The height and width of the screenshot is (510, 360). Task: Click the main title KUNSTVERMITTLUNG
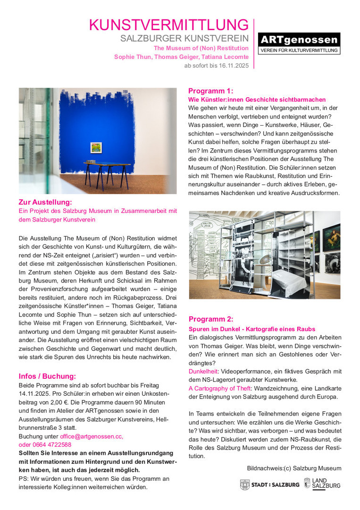[x=169, y=25]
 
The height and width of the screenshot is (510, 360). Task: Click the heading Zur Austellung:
[x=45, y=202]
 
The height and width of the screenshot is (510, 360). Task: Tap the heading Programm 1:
[x=210, y=91]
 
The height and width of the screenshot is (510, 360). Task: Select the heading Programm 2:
[x=210, y=319]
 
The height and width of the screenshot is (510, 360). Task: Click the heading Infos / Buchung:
[x=47, y=376]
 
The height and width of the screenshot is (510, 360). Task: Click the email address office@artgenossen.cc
[x=92, y=436]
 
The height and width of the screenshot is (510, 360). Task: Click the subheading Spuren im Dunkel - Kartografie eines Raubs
[x=251, y=329]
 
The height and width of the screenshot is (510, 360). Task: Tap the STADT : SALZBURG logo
[x=269, y=484]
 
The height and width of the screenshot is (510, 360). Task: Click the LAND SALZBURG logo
[x=322, y=483]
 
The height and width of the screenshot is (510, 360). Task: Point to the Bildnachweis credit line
[x=293, y=468]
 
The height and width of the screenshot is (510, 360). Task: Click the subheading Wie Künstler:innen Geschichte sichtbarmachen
[x=257, y=100]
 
